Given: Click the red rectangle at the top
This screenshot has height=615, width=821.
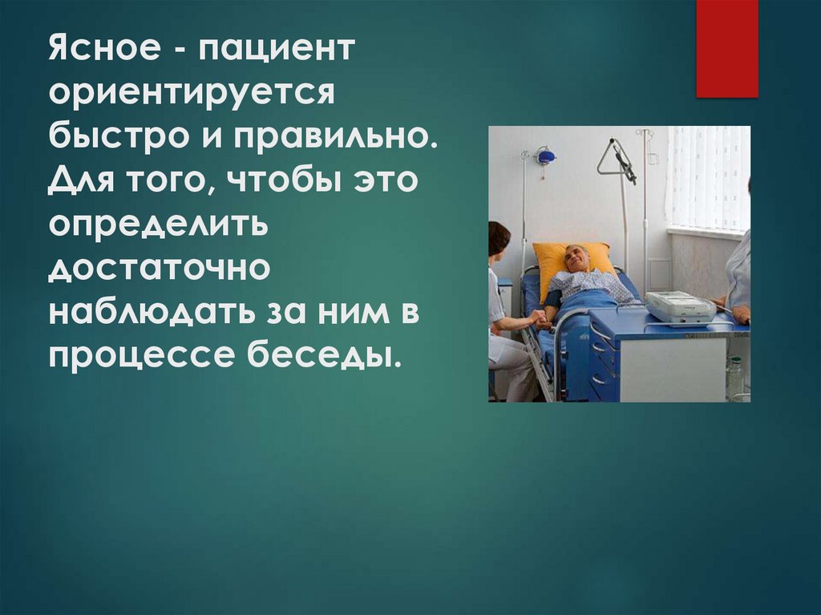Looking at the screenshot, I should (726, 48).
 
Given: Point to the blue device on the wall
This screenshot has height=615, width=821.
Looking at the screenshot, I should (546, 156).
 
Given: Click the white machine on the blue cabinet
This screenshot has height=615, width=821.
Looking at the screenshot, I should (680, 306).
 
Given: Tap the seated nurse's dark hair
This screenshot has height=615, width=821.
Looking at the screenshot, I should (499, 237).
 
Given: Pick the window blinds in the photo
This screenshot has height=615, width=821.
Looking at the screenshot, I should (707, 178).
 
